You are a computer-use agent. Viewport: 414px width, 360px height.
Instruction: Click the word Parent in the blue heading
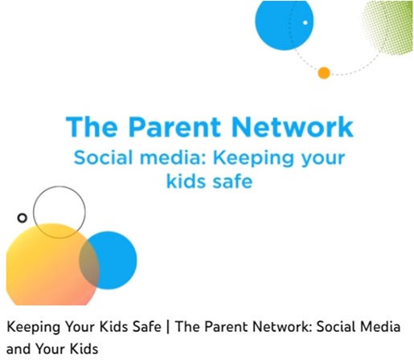click(x=174, y=127)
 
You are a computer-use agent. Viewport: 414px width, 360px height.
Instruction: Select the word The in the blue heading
click(x=92, y=127)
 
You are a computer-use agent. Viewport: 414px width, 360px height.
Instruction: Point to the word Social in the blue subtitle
click(x=103, y=157)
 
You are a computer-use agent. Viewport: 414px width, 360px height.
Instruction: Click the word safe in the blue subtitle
click(x=232, y=181)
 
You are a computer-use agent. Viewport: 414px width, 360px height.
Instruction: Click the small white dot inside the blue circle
click(x=305, y=22)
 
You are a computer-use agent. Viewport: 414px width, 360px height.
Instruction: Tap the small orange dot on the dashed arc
click(x=324, y=73)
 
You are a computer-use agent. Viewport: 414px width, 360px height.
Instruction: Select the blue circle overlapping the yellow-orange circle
click(x=118, y=260)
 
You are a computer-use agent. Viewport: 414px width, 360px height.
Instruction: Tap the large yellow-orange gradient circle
click(x=48, y=268)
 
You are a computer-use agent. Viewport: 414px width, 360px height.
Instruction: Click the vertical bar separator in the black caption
click(x=168, y=327)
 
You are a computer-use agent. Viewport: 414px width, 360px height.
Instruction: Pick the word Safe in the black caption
click(x=146, y=327)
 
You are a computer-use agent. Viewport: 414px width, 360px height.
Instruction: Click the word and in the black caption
click(x=18, y=349)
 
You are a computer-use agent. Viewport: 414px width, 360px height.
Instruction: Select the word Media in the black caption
click(x=380, y=327)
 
